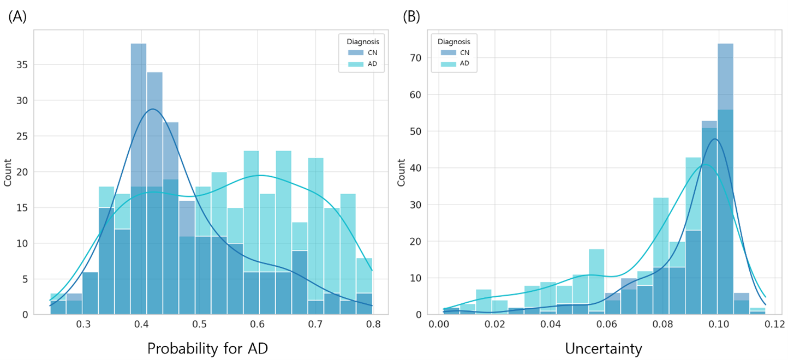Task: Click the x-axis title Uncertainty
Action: point(603,348)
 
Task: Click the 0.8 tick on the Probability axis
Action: point(373,324)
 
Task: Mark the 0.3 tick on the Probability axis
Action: point(83,324)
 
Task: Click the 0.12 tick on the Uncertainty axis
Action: point(774,324)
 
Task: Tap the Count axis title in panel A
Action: point(8,172)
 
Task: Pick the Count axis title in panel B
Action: point(401,172)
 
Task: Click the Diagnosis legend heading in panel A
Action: point(359,41)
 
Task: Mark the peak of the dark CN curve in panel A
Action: point(152,109)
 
